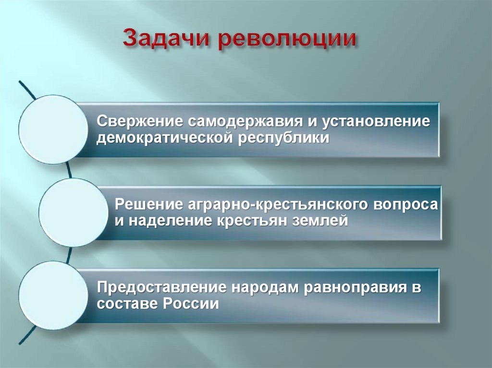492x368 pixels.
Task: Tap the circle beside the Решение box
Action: click(x=74, y=213)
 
